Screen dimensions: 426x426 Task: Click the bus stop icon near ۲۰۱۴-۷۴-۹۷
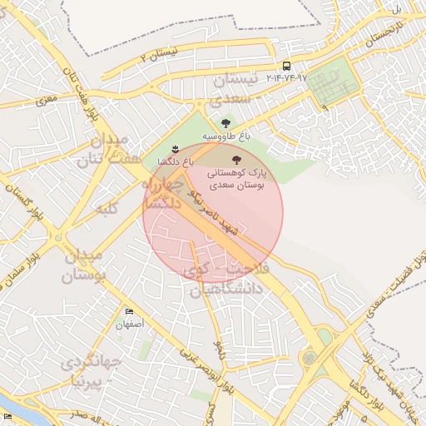click(x=286, y=65)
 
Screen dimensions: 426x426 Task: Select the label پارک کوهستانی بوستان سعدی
click(x=235, y=178)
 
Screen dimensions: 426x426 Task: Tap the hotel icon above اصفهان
click(x=128, y=310)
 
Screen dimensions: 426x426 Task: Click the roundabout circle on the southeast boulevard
click(x=310, y=358)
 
